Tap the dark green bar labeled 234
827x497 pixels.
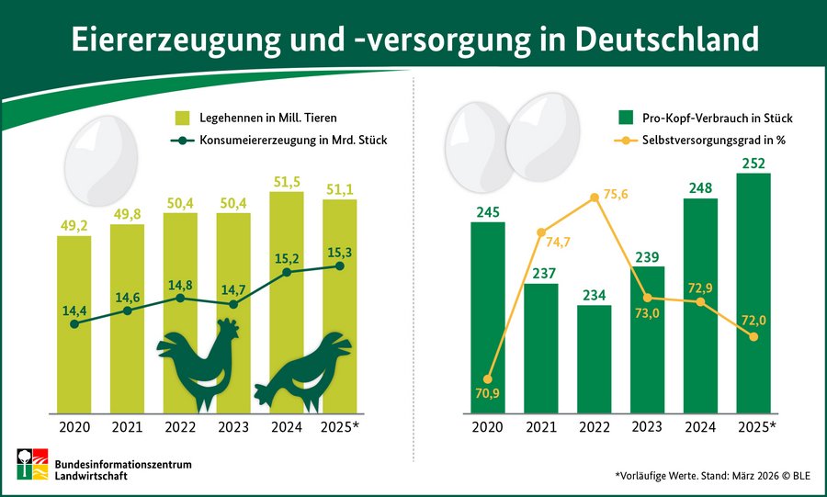coord(594,358)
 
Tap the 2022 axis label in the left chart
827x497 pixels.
coord(180,427)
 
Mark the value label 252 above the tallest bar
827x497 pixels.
coord(753,164)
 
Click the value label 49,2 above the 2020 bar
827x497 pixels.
coord(74,223)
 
